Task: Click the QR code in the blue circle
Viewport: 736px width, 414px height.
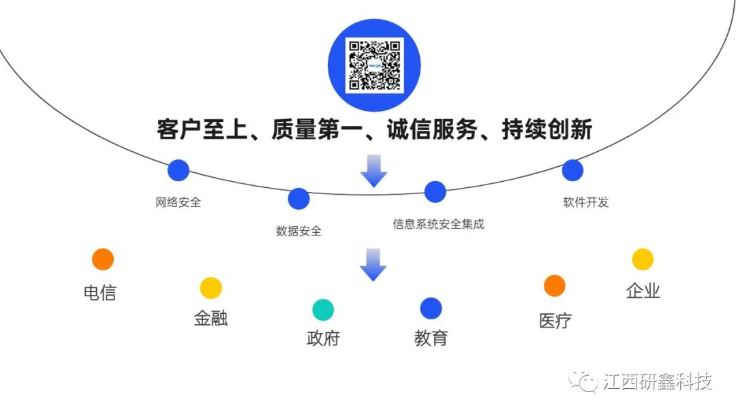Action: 374,65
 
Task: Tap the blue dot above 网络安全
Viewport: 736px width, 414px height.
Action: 178,170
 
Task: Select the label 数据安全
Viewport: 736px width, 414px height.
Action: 298,231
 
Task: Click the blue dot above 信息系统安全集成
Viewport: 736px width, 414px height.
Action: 435,192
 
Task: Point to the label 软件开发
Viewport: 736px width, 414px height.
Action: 585,202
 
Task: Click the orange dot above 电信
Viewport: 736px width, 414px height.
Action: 103,259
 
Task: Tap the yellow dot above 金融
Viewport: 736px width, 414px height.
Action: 211,288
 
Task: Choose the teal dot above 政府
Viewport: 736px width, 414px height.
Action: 323,310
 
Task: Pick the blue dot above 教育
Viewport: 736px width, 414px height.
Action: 431,308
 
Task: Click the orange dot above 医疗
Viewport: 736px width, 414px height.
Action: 555,286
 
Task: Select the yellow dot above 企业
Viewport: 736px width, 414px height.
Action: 643,259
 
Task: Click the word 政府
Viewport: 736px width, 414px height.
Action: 323,338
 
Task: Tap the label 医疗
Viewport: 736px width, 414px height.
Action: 555,321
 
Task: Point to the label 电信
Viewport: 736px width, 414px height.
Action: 100,293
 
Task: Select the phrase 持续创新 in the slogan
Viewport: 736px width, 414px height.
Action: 547,129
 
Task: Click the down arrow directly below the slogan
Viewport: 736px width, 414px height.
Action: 373,171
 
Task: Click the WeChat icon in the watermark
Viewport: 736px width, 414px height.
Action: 583,381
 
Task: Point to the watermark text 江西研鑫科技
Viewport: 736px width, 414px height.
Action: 658,381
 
